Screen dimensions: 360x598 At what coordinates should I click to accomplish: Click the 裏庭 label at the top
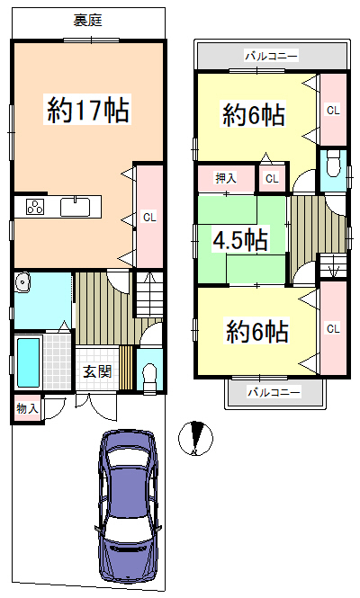click(x=88, y=20)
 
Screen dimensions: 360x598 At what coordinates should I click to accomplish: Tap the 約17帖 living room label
click(x=88, y=110)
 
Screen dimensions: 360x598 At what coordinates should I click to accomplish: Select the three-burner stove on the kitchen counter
click(x=35, y=207)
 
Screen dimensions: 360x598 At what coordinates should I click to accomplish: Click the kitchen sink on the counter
click(x=76, y=206)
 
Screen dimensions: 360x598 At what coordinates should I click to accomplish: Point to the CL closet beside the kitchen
click(x=149, y=217)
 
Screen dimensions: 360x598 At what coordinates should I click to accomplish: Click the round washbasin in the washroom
click(x=22, y=282)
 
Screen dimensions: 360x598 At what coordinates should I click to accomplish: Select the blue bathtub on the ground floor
click(x=29, y=362)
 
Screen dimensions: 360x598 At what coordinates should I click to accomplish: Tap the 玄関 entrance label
click(x=97, y=371)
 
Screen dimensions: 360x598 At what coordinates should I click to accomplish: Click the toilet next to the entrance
click(x=149, y=375)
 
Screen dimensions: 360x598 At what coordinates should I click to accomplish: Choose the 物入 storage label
click(x=28, y=409)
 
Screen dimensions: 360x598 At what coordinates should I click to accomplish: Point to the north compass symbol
click(x=195, y=438)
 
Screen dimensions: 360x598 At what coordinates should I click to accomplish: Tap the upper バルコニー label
click(x=271, y=57)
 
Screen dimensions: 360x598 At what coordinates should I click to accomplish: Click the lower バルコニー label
click(x=274, y=392)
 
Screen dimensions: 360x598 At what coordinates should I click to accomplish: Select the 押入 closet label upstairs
click(x=226, y=178)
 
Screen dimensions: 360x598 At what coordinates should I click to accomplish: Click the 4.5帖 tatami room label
click(x=239, y=239)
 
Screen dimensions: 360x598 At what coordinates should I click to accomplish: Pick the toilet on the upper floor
click(x=333, y=164)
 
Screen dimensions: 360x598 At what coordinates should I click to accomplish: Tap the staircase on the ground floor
click(x=150, y=294)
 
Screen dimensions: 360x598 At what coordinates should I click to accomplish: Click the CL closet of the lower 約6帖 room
click(x=333, y=328)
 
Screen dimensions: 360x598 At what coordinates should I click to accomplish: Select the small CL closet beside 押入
click(x=272, y=178)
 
